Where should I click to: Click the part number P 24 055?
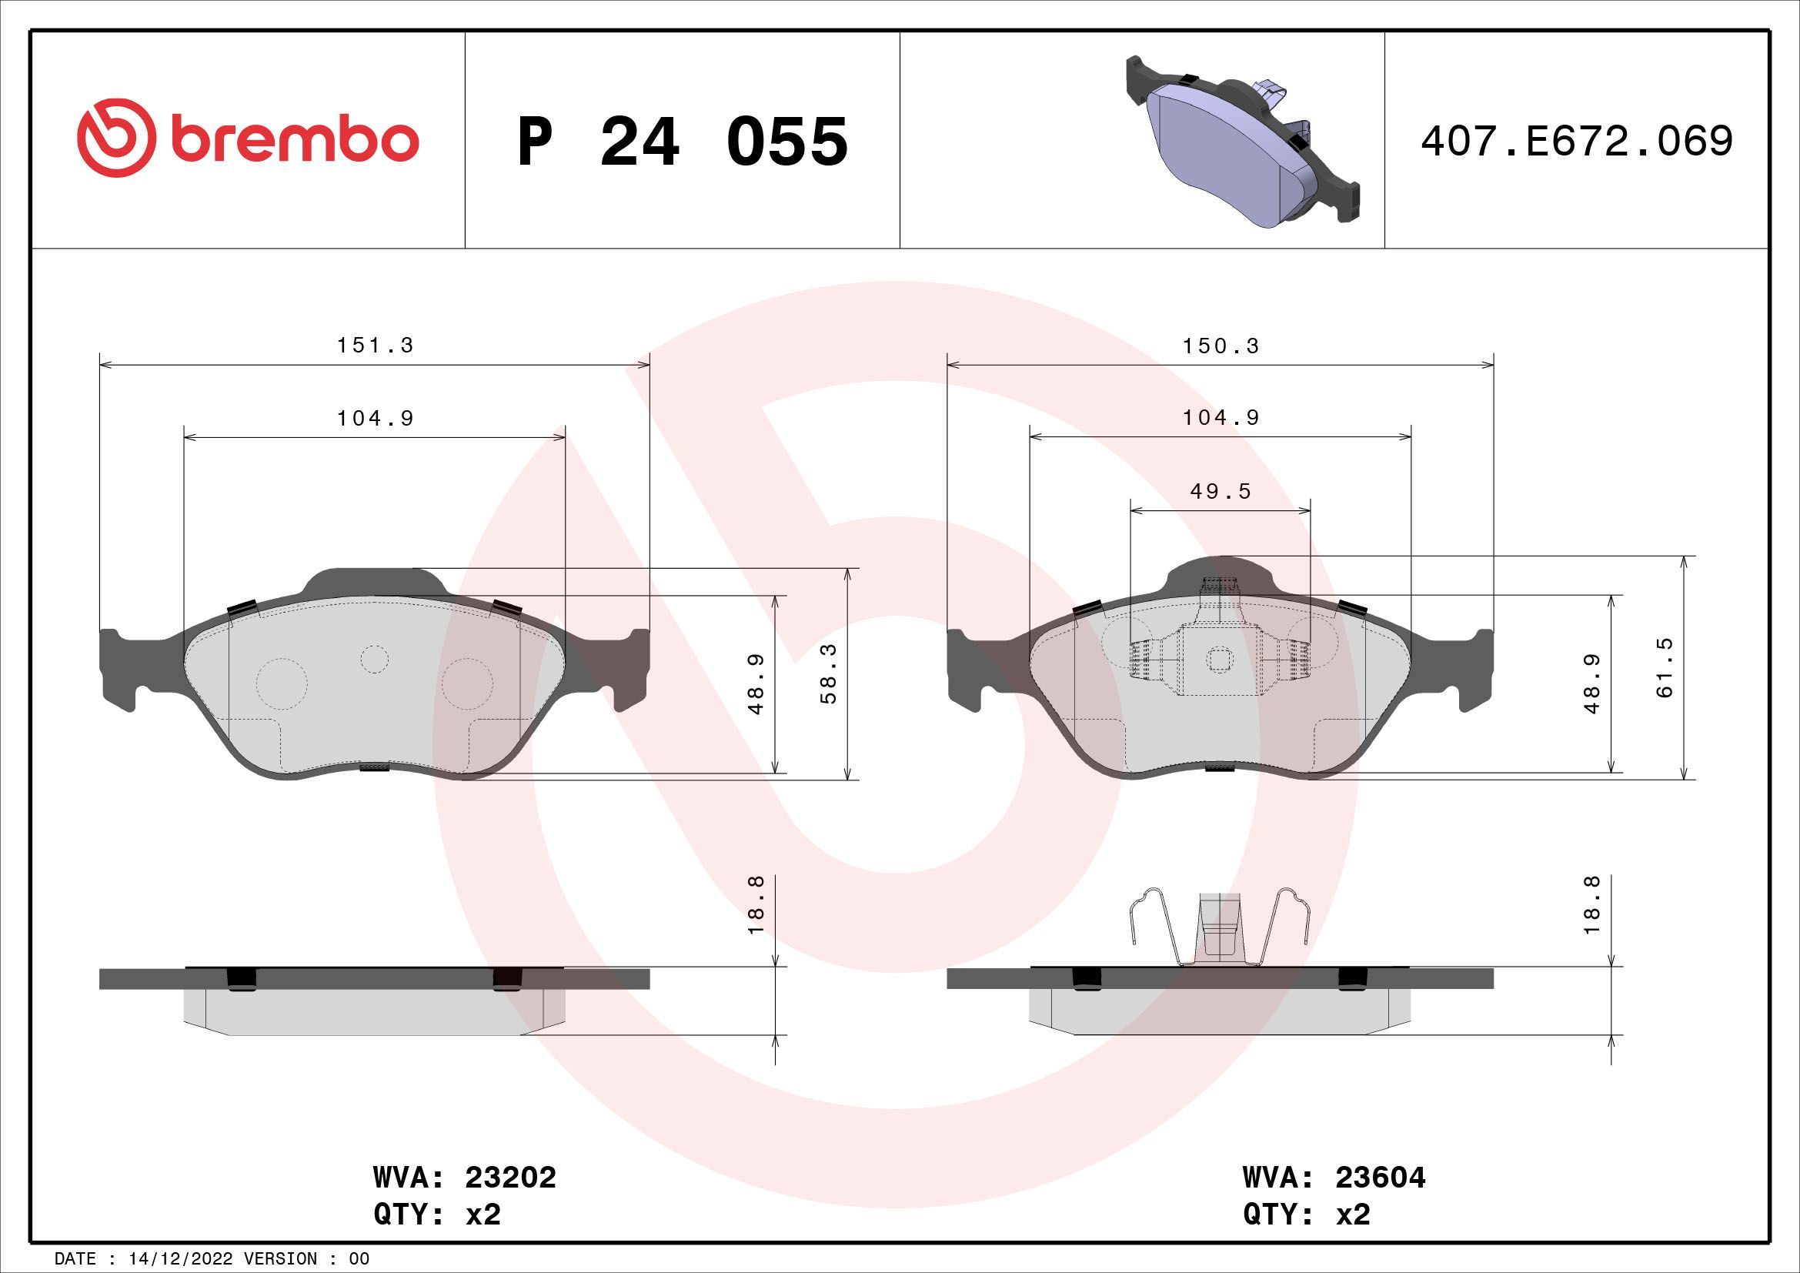point(683,142)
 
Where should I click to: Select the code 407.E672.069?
point(1577,141)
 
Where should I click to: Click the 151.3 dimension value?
point(375,346)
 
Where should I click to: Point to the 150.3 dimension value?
point(1221,346)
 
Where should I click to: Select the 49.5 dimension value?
point(1220,492)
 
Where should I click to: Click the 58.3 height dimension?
point(829,673)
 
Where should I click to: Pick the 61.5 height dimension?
point(1664,668)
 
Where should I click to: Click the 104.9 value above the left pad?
point(375,419)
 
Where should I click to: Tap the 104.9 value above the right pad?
point(1221,418)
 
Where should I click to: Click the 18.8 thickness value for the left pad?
point(756,904)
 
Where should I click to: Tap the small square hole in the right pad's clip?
point(1218,660)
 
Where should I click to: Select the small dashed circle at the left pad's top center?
point(375,660)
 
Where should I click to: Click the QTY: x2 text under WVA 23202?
point(436,1215)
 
